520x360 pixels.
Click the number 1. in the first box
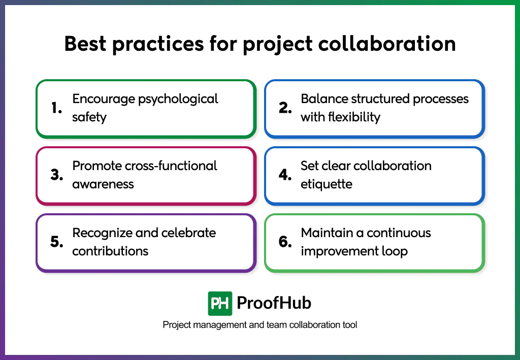56,108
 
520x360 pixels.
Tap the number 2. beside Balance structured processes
285,108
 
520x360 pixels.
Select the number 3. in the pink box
57,175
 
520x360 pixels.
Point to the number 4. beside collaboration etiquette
285,175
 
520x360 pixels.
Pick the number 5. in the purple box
57,242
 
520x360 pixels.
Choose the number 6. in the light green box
285,242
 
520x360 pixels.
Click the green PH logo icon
220,303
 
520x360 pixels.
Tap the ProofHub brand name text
274,303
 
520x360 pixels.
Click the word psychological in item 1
179,99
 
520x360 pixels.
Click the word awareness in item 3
103,184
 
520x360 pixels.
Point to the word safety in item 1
89,117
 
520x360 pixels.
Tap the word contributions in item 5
110,251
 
